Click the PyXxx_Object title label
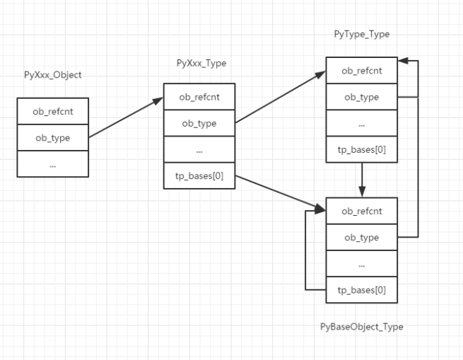[53, 75]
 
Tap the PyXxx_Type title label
[201, 63]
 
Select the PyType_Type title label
[362, 34]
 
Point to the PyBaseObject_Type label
[362, 327]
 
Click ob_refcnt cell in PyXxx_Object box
[53, 111]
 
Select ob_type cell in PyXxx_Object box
[53, 137]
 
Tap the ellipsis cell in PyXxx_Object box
[53, 164]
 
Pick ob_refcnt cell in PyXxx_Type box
[199, 97]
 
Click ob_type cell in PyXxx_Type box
[199, 123]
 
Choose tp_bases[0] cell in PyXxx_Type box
[199, 175]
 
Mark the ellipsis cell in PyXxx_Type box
[199, 149]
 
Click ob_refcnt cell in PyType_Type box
[362, 70]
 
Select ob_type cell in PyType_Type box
[362, 97]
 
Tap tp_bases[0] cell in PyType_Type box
[362, 149]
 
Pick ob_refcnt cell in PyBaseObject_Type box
[362, 211]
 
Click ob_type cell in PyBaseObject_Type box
[362, 237]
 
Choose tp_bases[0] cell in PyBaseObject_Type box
[362, 290]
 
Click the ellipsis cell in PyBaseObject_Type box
[362, 263]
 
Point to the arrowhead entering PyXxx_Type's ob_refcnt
[158, 101]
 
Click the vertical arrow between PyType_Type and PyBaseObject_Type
[362, 180]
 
